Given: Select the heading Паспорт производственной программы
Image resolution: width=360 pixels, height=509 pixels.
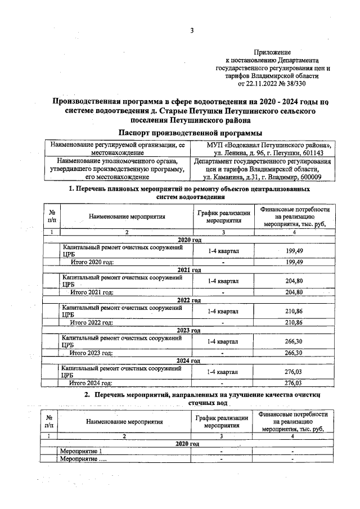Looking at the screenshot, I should pos(191,132).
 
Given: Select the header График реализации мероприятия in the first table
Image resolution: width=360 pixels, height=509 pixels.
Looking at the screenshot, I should pos(223,217).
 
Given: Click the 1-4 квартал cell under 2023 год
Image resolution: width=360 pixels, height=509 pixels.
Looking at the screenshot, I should pos(223,341).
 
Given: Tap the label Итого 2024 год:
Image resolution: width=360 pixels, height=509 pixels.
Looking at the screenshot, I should pos(91,383).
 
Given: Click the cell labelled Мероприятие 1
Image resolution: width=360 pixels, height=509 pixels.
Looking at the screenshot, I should pos(82,452).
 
